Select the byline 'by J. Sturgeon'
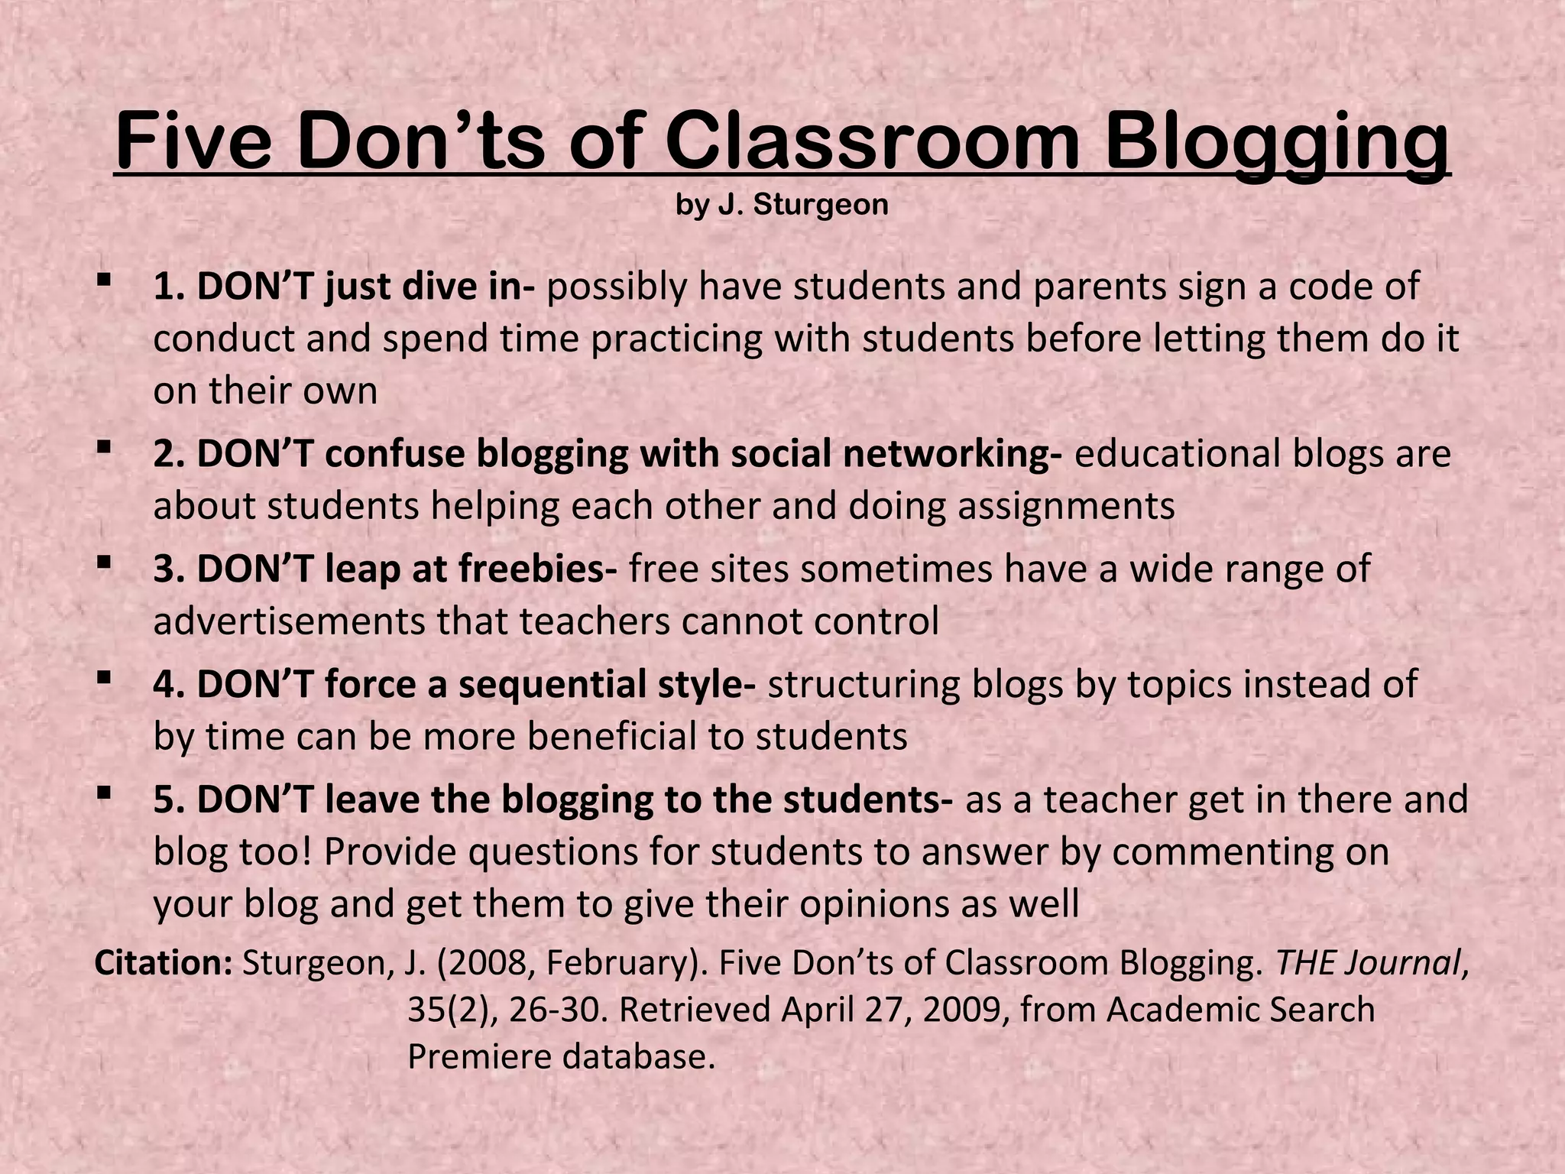(782, 205)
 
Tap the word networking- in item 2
(952, 453)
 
